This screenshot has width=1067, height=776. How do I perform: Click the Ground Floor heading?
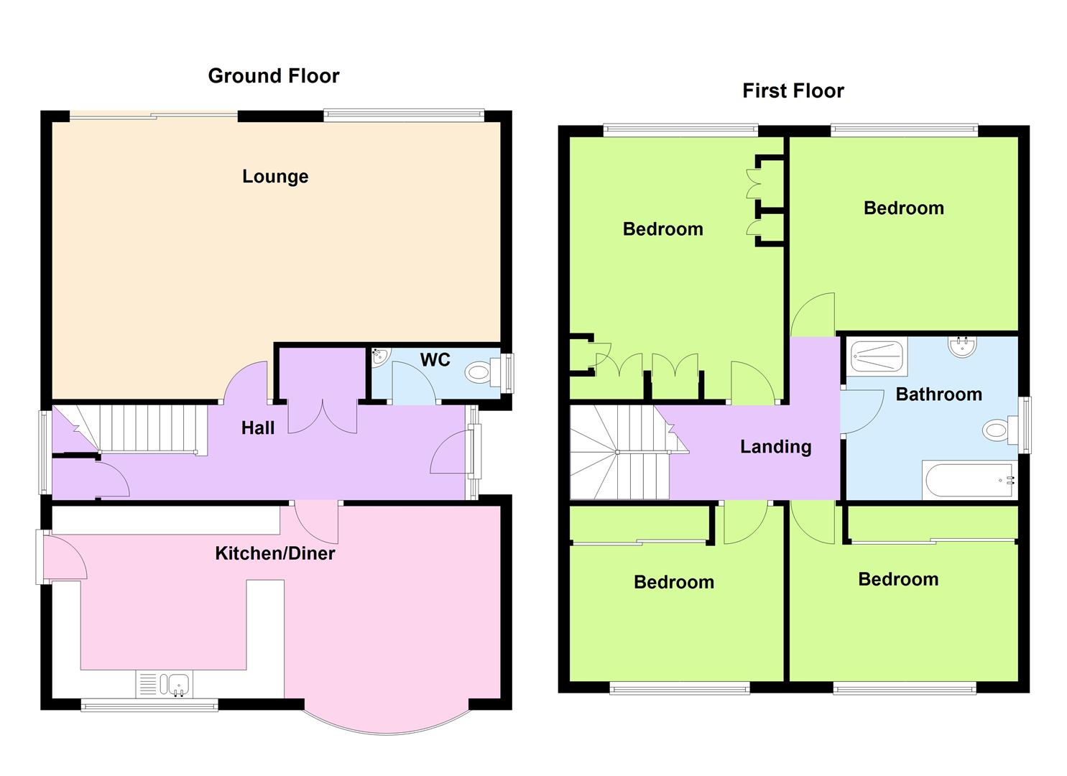pos(274,76)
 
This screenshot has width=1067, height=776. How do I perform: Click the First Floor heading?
pos(793,91)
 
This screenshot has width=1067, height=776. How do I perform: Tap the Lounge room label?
pos(275,177)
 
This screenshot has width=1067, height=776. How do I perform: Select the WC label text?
pos(435,360)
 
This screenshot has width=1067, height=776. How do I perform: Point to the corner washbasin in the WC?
pos(381,357)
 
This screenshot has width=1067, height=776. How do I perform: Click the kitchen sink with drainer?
pos(165,684)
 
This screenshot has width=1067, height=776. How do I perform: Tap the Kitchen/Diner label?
pos(275,553)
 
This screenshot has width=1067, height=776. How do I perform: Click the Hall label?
pos(258,428)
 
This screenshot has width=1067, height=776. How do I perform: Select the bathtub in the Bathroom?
pos(970,480)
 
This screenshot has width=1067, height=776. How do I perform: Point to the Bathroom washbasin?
pos(962,347)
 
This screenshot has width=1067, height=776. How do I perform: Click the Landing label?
pos(775,447)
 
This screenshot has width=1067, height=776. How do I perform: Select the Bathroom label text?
pos(939,394)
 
